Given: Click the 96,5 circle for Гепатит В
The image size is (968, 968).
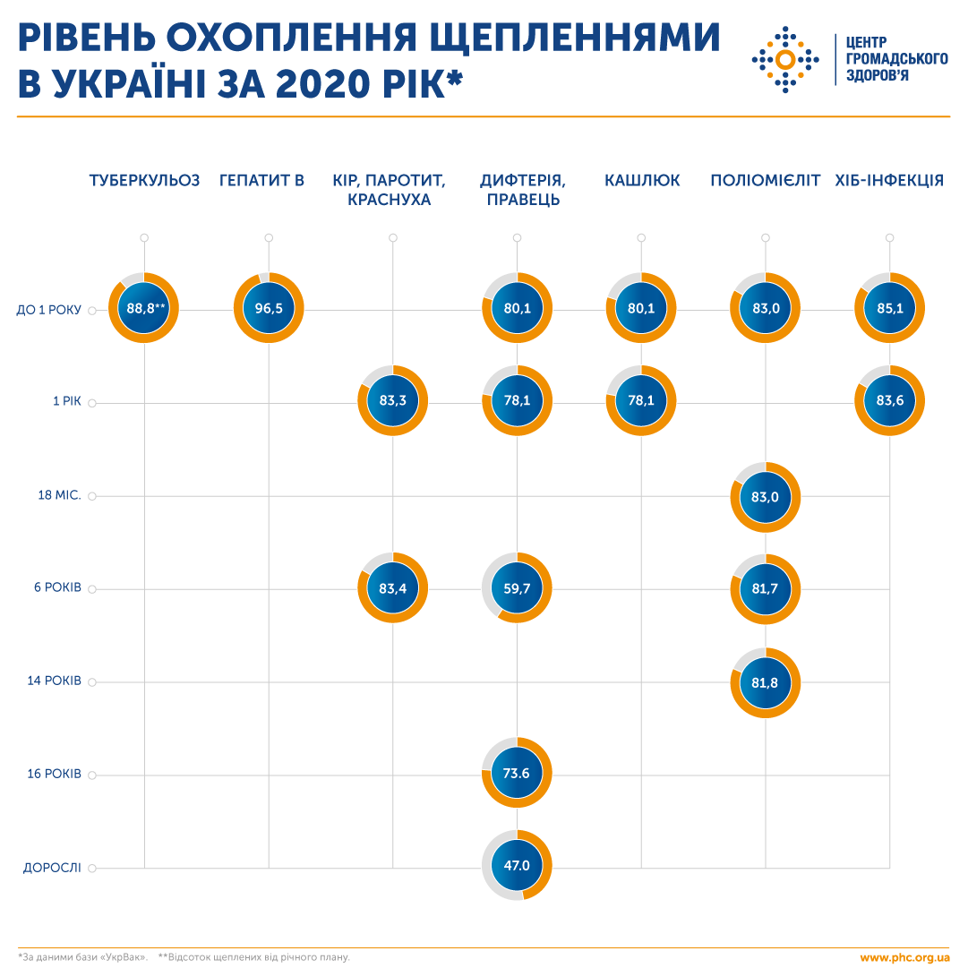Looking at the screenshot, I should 269,309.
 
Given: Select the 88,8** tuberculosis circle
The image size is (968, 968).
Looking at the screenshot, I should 144,309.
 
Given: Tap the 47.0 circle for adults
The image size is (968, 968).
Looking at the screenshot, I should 517,866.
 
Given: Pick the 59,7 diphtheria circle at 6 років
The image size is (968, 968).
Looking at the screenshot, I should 517,588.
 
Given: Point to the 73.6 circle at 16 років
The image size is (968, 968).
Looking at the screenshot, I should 517,773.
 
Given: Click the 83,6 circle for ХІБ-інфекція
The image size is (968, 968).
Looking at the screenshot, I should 889,401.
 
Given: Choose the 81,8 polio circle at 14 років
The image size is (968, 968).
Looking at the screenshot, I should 765,682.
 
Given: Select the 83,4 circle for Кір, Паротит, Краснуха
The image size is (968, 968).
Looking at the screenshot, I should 392,588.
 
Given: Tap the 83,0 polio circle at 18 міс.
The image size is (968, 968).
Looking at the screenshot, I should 765,496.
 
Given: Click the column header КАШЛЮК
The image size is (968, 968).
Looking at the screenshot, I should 641,181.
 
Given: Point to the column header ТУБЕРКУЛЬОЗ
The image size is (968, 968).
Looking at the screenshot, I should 144,181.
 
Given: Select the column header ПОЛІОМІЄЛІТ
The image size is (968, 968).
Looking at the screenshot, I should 765,181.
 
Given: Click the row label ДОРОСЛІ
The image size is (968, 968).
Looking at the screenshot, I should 52,868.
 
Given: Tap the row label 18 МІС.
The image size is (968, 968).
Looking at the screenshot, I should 59,496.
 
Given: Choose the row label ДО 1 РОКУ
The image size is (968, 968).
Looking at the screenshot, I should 49,311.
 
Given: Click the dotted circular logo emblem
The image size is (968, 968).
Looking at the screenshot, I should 784,60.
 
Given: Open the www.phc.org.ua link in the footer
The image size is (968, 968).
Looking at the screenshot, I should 904,957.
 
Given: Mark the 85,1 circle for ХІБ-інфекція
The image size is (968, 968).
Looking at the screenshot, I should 889,309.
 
